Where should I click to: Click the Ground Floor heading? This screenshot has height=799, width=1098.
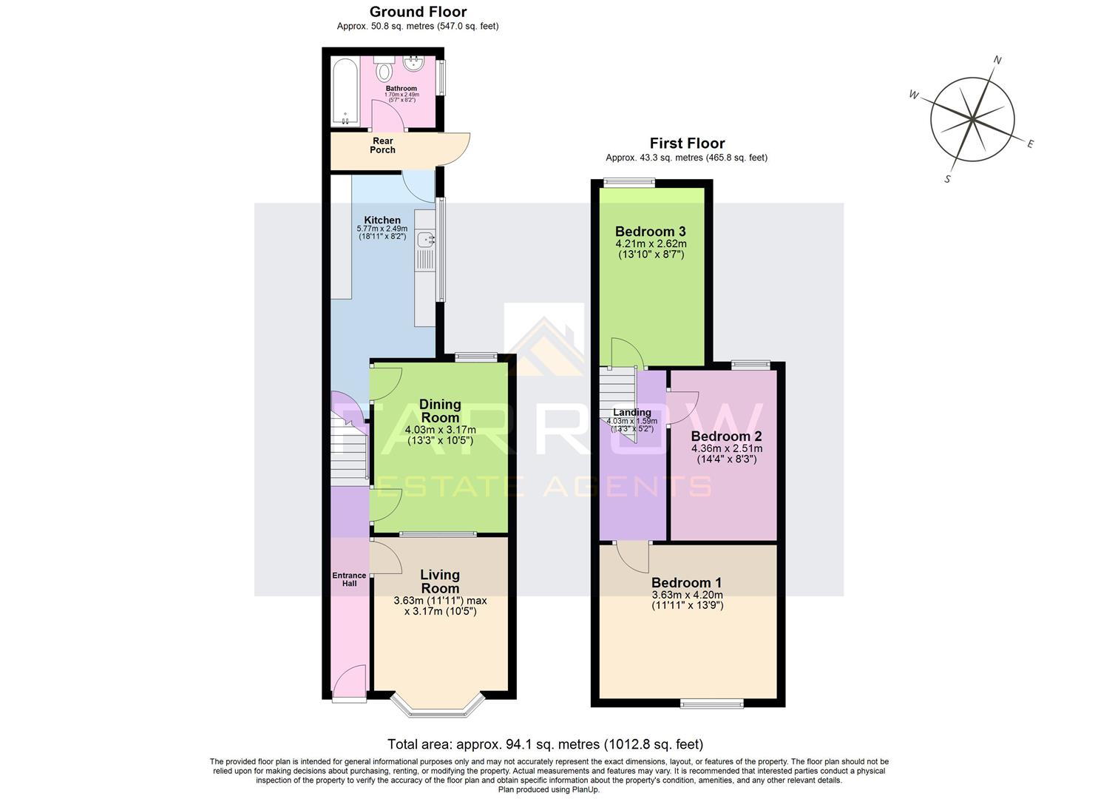click(418, 12)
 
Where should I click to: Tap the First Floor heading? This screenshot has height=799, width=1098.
click(687, 144)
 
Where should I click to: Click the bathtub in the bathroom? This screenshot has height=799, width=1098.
click(345, 92)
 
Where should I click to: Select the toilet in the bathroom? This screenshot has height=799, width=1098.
click(384, 71)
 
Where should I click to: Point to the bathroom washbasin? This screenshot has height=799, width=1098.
click(413, 64)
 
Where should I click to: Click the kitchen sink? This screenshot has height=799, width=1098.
click(426, 240)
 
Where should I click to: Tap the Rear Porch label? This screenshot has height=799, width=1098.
click(382, 146)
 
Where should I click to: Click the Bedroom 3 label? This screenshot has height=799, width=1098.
click(651, 232)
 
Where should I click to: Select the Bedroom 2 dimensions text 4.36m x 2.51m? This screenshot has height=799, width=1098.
click(726, 448)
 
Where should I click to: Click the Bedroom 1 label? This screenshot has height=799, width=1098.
click(686, 582)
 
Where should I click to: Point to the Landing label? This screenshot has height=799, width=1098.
click(631, 413)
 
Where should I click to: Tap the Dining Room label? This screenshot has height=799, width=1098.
click(440, 411)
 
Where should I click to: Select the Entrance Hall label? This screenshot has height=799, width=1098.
click(349, 579)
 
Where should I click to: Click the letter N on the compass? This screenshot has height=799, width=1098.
click(997, 60)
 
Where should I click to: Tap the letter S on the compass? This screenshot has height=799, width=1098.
click(947, 179)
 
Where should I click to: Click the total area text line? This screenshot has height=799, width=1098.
click(545, 744)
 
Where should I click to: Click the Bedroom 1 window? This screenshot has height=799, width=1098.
click(712, 704)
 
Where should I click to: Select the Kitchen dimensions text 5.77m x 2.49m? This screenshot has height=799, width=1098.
click(382, 229)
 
